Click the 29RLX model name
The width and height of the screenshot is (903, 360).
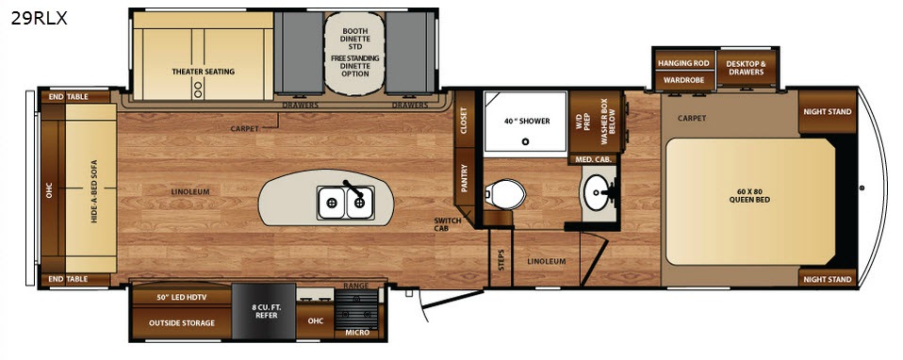pyautogui.click(x=39, y=19)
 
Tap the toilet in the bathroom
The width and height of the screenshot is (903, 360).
pyautogui.click(x=504, y=195)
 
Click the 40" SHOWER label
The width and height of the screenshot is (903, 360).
pyautogui.click(x=527, y=121)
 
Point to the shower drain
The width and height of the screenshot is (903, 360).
pyautogui.click(x=526, y=141)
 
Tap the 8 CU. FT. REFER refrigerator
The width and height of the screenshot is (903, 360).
pyautogui.click(x=264, y=311)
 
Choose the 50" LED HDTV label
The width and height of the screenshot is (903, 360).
pyautogui.click(x=181, y=298)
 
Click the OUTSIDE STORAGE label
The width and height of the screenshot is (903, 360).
pyautogui.click(x=181, y=323)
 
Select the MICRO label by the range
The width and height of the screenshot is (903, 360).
pyautogui.click(x=356, y=333)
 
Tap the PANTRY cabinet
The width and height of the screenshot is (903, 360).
pyautogui.click(x=464, y=177)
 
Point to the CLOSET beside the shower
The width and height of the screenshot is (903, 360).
pyautogui.click(x=464, y=120)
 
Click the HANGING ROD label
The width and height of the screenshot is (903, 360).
pyautogui.click(x=683, y=63)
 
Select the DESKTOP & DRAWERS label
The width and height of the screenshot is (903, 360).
pyautogui.click(x=746, y=68)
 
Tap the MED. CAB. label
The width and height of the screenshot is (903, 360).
pyautogui.click(x=592, y=159)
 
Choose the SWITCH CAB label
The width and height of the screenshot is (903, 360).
pyautogui.click(x=444, y=224)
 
